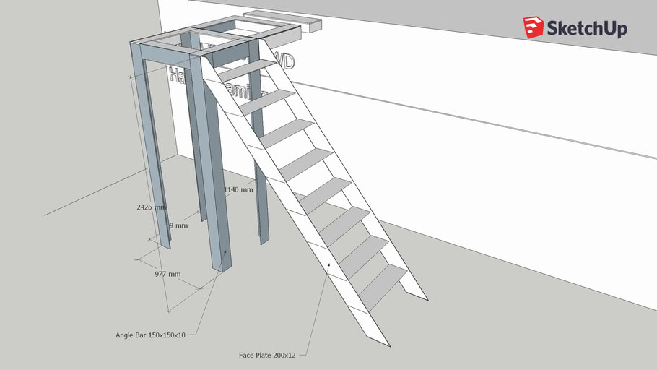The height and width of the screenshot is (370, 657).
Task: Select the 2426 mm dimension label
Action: (x=152, y=207)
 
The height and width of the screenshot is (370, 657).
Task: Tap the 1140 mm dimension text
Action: (x=238, y=190)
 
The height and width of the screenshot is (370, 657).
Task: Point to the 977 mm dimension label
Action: (x=167, y=275)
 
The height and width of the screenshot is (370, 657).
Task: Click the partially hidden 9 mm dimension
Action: (x=178, y=225)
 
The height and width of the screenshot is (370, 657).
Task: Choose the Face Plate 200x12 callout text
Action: (x=267, y=356)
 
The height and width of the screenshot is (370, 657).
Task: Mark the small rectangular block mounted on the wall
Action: (x=283, y=21)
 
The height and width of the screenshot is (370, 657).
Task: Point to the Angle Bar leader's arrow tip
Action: (x=225, y=251)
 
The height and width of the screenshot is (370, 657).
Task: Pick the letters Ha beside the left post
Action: (x=176, y=74)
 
